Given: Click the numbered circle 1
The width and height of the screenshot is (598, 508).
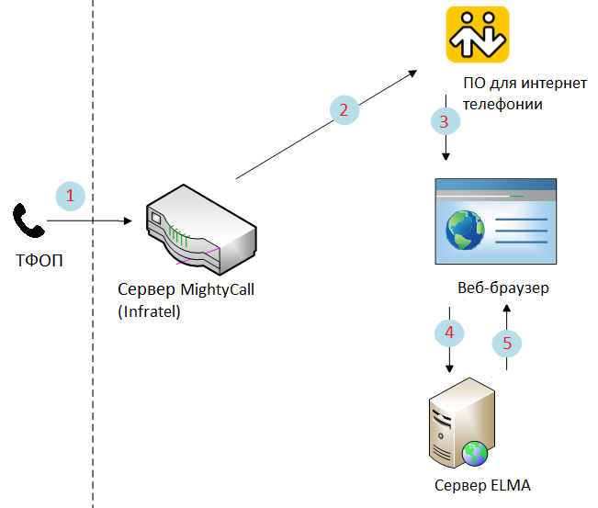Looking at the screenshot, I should pos(71,196).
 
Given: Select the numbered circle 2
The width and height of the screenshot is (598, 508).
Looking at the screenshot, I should pos(344,110).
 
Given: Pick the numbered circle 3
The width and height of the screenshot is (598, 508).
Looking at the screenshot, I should pos(445,120).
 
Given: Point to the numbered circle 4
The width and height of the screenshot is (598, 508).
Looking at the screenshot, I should pos(449,333).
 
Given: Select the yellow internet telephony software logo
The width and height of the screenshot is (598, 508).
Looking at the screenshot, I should pos(478,34).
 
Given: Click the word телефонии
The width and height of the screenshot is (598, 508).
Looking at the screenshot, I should pos(502,105).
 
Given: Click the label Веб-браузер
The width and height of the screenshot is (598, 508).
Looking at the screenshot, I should pos(502,288).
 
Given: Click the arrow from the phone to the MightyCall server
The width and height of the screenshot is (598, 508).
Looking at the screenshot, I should pos(92,220).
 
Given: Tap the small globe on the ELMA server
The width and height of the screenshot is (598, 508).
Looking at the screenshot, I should pos(476,451).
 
